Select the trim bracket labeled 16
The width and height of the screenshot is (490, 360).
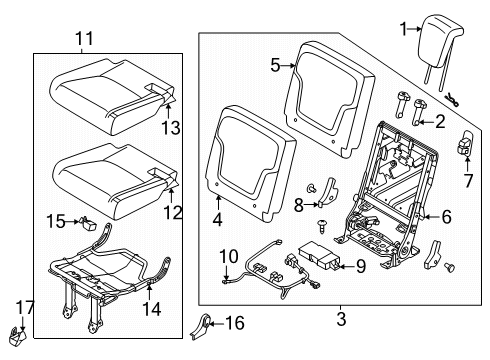(x=16, y=309)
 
